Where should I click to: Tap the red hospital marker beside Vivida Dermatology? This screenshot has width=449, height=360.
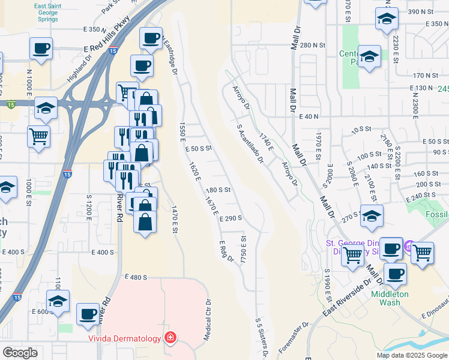point(170,338)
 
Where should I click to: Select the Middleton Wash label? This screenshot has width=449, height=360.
point(390,298)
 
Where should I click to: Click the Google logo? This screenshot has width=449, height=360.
point(20,353)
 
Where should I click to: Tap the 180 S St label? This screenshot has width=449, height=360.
point(218,190)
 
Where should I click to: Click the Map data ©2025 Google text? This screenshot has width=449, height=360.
point(411,355)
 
